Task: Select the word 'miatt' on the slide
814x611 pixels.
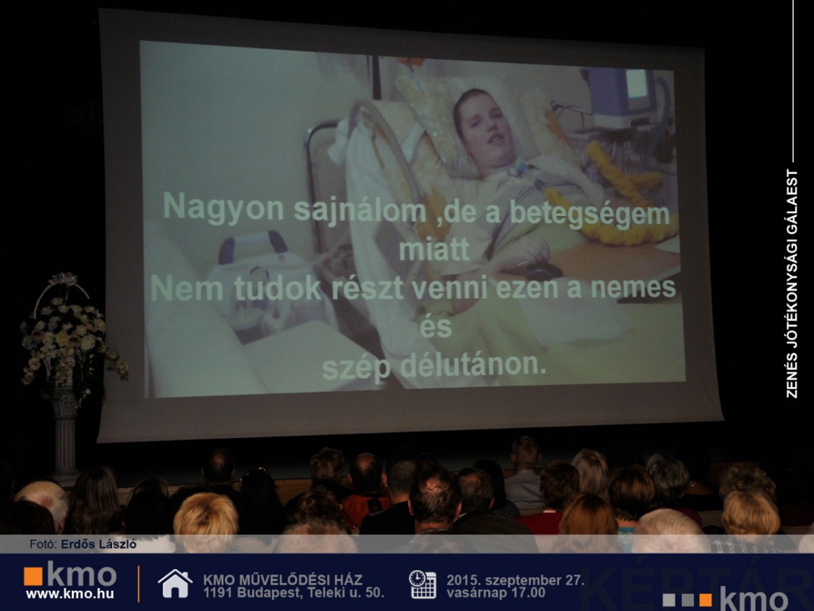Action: (434, 250)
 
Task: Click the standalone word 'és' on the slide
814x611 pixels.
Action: (435, 327)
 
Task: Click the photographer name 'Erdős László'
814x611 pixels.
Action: (98, 544)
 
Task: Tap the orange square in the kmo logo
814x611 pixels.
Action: (33, 577)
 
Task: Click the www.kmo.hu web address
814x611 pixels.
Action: (70, 594)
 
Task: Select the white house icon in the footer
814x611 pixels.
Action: (175, 584)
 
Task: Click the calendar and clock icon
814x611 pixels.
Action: (423, 585)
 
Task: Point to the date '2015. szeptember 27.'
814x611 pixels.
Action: (516, 580)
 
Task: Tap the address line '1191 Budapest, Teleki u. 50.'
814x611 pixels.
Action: (293, 593)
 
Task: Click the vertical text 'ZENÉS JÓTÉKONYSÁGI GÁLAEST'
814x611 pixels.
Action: (792, 284)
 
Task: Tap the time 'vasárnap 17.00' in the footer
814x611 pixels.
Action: (495, 593)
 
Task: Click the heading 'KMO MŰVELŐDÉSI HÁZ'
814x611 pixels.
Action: (283, 580)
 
